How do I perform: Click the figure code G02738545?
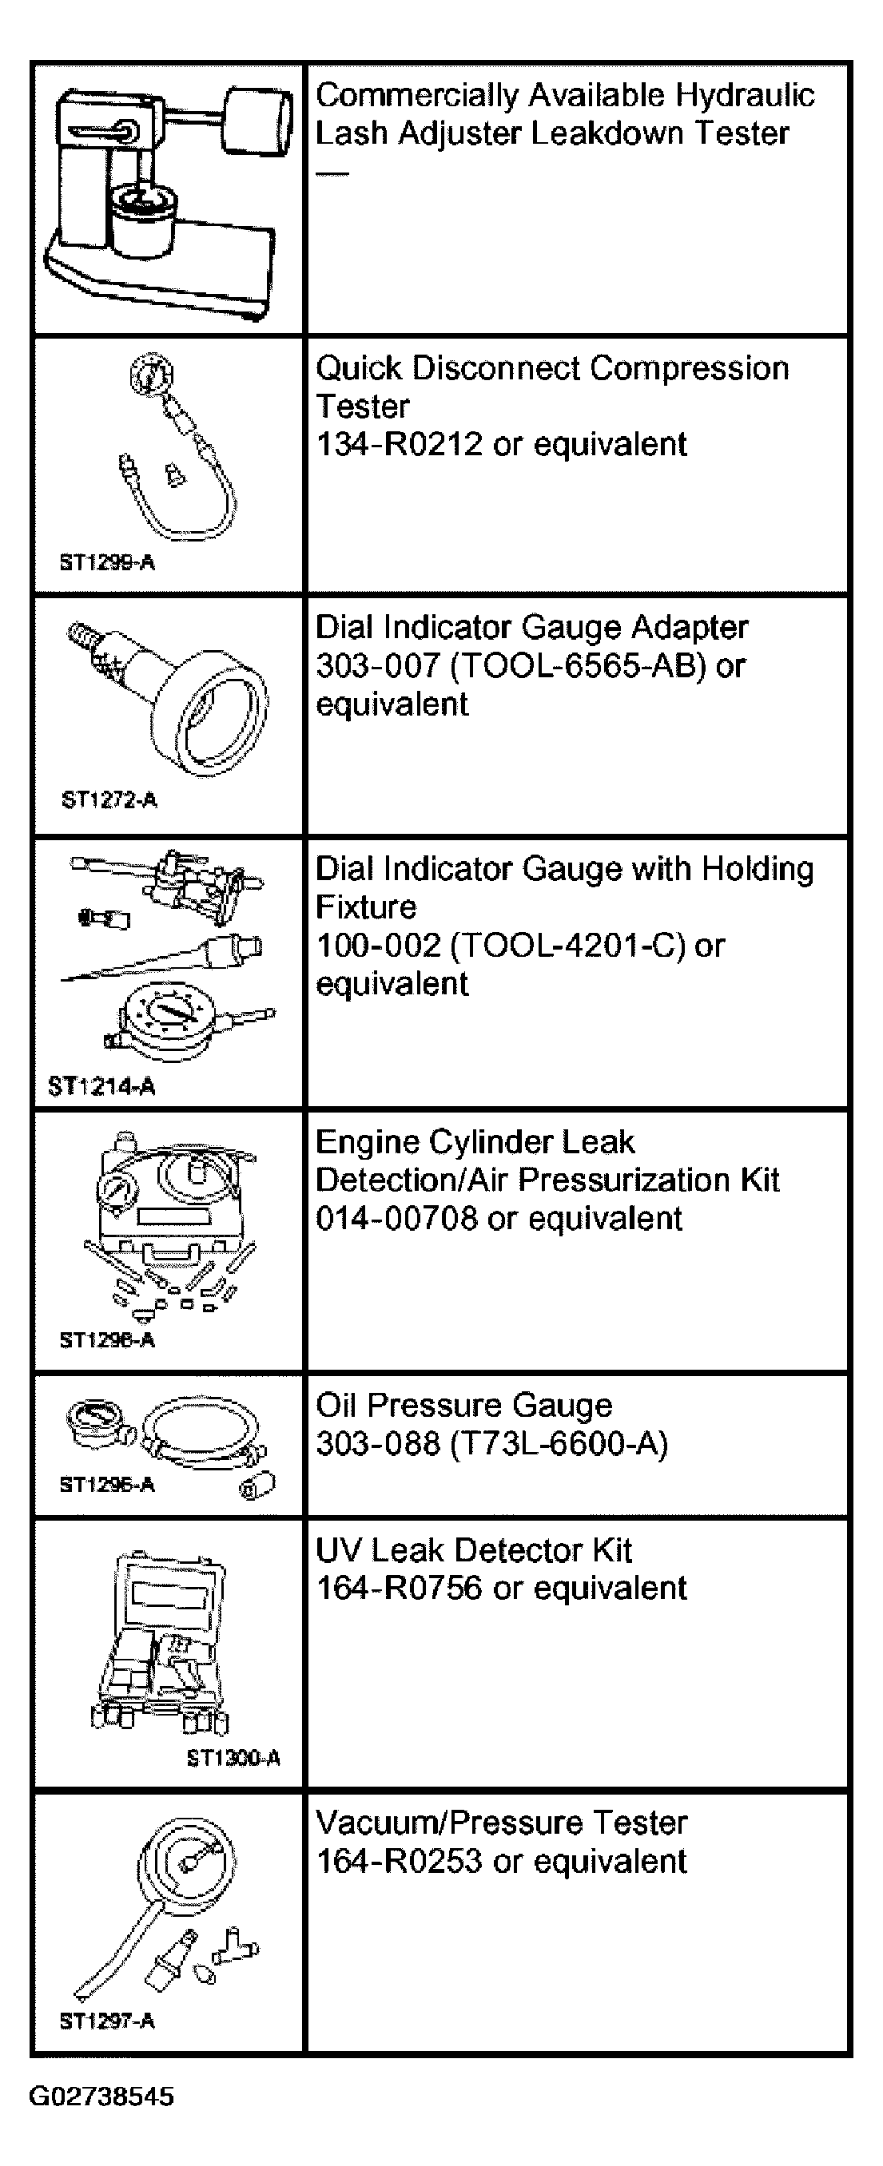tap(101, 2097)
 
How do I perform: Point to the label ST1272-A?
tap(109, 799)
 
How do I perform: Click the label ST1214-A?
tap(101, 1086)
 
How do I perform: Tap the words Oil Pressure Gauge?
tap(464, 1406)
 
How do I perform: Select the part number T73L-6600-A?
tap(559, 1444)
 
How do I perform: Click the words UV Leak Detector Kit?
tap(473, 1549)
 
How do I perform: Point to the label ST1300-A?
tap(233, 1757)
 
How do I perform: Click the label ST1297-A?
tap(107, 2021)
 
